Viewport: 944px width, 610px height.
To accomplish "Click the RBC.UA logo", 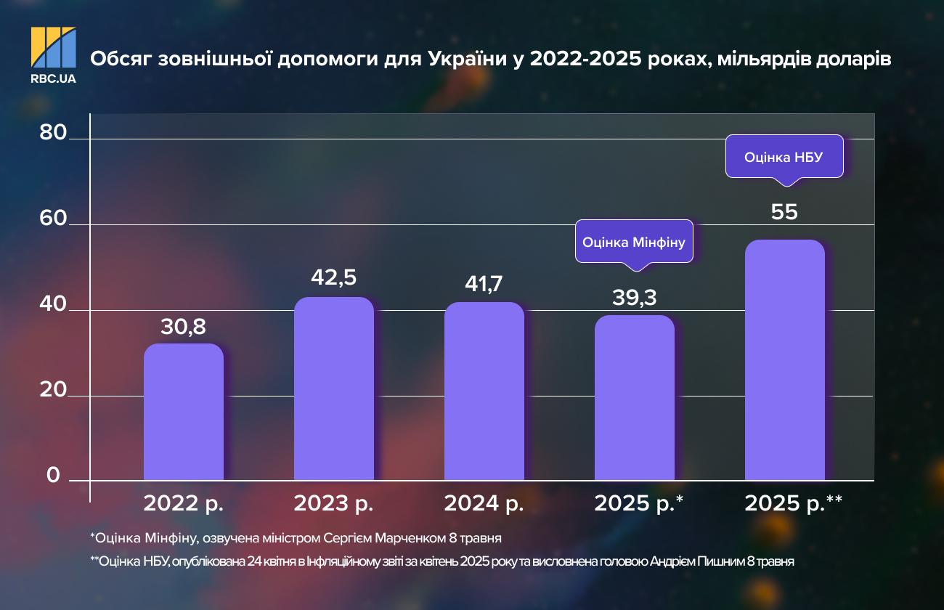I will pos(53,54).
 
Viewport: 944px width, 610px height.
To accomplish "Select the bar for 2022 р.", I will pos(183,412).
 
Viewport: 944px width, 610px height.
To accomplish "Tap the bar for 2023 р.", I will pos(333,389).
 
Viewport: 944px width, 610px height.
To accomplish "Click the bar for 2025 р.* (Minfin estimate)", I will pos(634,397).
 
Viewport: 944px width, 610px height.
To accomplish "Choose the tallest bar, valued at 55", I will pos(785,359).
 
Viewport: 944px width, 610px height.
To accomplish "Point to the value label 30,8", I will pos(183,327).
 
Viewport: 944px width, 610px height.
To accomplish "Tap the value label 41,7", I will pos(484,284).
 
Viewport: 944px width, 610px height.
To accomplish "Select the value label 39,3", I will pos(634,298).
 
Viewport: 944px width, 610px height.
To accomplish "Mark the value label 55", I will pos(785,212).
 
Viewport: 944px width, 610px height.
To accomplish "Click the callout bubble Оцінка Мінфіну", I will pos(634,241).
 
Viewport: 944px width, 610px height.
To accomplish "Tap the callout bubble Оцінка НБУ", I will pos(784,156).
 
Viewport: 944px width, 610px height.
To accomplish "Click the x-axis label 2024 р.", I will pos(484,504).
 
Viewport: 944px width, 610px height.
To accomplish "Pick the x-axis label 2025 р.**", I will pos(793,504).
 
